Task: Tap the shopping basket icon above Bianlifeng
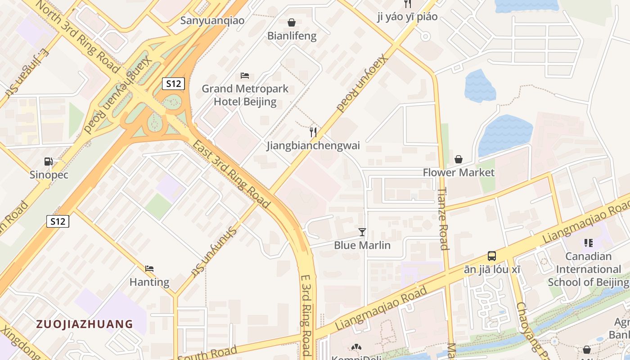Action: [x=292, y=22]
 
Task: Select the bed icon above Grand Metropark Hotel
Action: [x=245, y=75]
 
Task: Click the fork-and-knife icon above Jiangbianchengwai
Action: [x=313, y=132]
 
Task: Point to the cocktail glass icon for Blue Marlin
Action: [x=362, y=232]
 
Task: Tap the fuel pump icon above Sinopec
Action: [x=49, y=162]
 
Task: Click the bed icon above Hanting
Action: [x=149, y=269]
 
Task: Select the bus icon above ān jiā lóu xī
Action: [x=492, y=256]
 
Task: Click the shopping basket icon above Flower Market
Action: [x=459, y=159]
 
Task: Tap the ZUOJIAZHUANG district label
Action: [x=85, y=324]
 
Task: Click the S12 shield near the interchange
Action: [x=173, y=83]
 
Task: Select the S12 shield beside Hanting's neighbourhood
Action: [x=58, y=221]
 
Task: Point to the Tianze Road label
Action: [x=443, y=218]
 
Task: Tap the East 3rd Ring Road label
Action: [x=231, y=174]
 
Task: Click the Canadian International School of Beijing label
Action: [x=588, y=269]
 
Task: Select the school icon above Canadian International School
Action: [x=588, y=243]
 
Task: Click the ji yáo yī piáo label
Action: [x=407, y=17]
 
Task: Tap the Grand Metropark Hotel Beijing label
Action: [x=245, y=95]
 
